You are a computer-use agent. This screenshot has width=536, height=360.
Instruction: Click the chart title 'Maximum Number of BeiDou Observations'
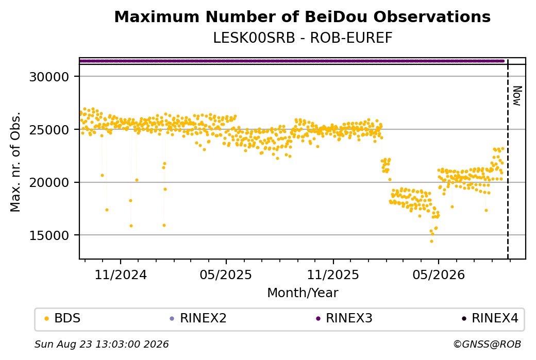302,16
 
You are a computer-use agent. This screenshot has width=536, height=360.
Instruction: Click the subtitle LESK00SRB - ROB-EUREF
303,38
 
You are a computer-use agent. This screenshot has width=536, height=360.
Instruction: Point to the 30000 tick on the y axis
49,77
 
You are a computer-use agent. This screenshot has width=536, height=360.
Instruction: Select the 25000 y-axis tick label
49,130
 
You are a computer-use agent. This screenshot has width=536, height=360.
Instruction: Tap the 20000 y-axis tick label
49,183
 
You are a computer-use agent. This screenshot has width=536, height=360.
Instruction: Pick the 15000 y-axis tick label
49,235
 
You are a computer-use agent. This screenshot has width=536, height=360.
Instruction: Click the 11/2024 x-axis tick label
120,275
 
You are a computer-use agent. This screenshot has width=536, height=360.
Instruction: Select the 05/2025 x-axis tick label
226,275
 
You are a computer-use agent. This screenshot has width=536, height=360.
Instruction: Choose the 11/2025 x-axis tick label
333,275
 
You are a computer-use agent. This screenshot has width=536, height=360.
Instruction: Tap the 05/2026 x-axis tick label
439,275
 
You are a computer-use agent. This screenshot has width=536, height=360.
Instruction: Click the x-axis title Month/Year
303,293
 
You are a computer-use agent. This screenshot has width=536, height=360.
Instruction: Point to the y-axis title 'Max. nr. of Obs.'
15,162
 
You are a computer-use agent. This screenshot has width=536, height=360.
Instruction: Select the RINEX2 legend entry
198,318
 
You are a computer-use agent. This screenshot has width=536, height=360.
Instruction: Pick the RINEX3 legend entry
344,318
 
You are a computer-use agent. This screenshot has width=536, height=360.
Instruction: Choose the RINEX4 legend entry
490,318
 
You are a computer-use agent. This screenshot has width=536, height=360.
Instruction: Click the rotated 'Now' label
517,96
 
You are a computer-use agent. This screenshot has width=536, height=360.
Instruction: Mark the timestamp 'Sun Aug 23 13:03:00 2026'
102,344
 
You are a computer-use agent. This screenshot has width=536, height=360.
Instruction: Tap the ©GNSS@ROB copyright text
487,344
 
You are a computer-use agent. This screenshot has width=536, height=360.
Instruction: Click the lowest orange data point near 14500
431,241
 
